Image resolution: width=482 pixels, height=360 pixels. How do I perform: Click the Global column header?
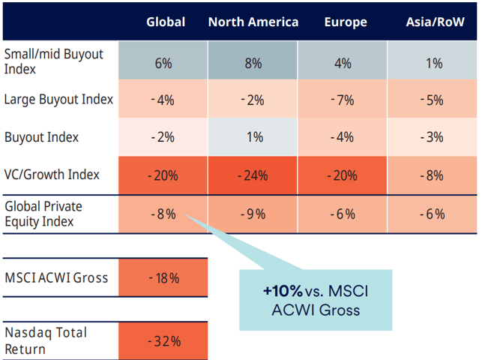click(x=166, y=22)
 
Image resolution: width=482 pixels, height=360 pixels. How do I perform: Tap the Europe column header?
click(x=346, y=22)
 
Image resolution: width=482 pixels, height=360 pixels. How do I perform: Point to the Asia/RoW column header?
click(x=434, y=22)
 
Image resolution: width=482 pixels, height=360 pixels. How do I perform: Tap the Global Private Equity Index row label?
click(x=43, y=213)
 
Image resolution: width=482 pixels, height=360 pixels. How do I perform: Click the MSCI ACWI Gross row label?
click(x=56, y=278)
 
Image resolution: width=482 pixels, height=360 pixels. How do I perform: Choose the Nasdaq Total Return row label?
click(x=46, y=340)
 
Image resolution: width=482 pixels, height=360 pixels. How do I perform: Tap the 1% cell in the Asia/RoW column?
click(x=433, y=63)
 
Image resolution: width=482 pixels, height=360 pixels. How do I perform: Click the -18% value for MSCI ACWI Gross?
click(x=164, y=278)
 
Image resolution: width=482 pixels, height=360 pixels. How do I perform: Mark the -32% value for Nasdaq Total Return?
click(x=164, y=341)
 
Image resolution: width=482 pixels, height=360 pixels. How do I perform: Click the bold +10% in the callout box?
click(x=279, y=290)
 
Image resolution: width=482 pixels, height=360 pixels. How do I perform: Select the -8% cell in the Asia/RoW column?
click(x=433, y=175)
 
